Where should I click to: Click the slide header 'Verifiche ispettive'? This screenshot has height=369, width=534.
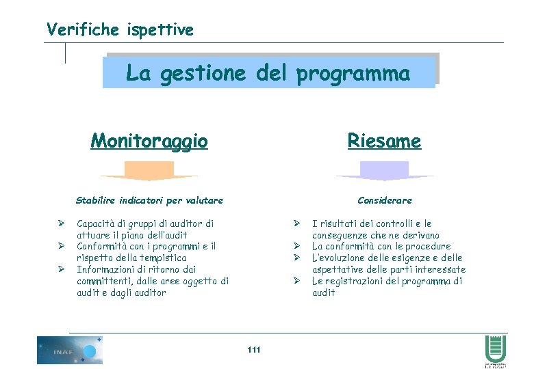120,29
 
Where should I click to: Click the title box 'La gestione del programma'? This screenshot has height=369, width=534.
268,73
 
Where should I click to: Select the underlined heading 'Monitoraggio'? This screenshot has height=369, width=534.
149,141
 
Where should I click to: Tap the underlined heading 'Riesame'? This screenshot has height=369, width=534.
384,141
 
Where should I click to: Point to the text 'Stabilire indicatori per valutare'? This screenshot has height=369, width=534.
149,200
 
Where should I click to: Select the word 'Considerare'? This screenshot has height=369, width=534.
384,200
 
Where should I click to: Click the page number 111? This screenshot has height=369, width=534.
253,350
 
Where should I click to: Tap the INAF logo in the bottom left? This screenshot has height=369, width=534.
70,350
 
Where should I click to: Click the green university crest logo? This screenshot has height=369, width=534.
494,349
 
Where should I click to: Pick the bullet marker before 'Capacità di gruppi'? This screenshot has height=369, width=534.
61,223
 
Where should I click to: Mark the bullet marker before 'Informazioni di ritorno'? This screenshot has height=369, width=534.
61,269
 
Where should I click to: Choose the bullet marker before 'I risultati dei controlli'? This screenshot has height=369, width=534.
297,223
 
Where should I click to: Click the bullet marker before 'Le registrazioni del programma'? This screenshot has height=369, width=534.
297,281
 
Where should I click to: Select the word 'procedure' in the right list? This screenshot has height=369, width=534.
429,246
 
